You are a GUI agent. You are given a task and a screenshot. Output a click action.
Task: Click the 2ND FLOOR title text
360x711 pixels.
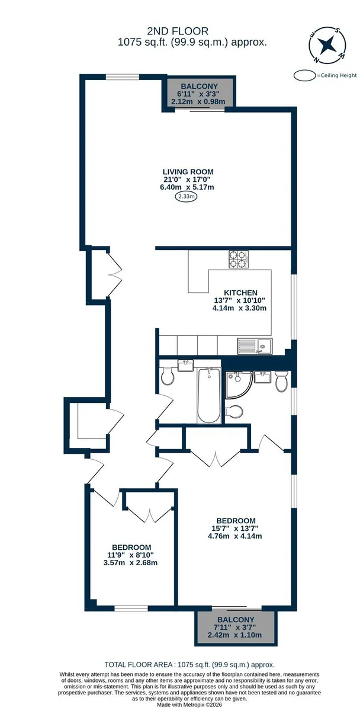point(178,31)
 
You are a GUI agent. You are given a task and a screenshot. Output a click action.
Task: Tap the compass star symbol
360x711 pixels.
point(326,44)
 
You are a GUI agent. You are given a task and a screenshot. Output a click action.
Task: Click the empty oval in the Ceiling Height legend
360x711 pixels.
point(305,76)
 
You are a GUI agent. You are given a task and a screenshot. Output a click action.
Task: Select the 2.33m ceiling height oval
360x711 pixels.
point(186,197)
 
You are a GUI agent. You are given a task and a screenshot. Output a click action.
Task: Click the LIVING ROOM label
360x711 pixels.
point(188,172)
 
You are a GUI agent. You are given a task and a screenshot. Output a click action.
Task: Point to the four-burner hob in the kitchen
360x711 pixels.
point(239,259)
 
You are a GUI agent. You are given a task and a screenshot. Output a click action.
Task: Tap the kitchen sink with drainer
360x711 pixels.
point(255,345)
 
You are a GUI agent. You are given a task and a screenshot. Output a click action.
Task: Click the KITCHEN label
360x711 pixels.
point(241,293)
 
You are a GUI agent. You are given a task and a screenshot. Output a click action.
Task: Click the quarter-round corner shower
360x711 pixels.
point(239,384)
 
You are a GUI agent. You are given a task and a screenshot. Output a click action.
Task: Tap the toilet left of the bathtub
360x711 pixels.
point(167,376)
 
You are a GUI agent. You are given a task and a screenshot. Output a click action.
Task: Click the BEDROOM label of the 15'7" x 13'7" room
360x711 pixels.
point(236,521)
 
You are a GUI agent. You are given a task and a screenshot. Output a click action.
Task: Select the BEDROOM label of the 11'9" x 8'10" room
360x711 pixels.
point(131,547)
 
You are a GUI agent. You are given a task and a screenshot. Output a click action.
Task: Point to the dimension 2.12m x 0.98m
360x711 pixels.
point(198,101)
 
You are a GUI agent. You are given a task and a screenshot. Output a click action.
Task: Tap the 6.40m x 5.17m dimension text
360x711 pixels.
point(187,187)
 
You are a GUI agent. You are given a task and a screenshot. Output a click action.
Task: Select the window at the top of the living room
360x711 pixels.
point(122,77)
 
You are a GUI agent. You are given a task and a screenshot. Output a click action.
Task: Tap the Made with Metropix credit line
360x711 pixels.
point(189,705)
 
